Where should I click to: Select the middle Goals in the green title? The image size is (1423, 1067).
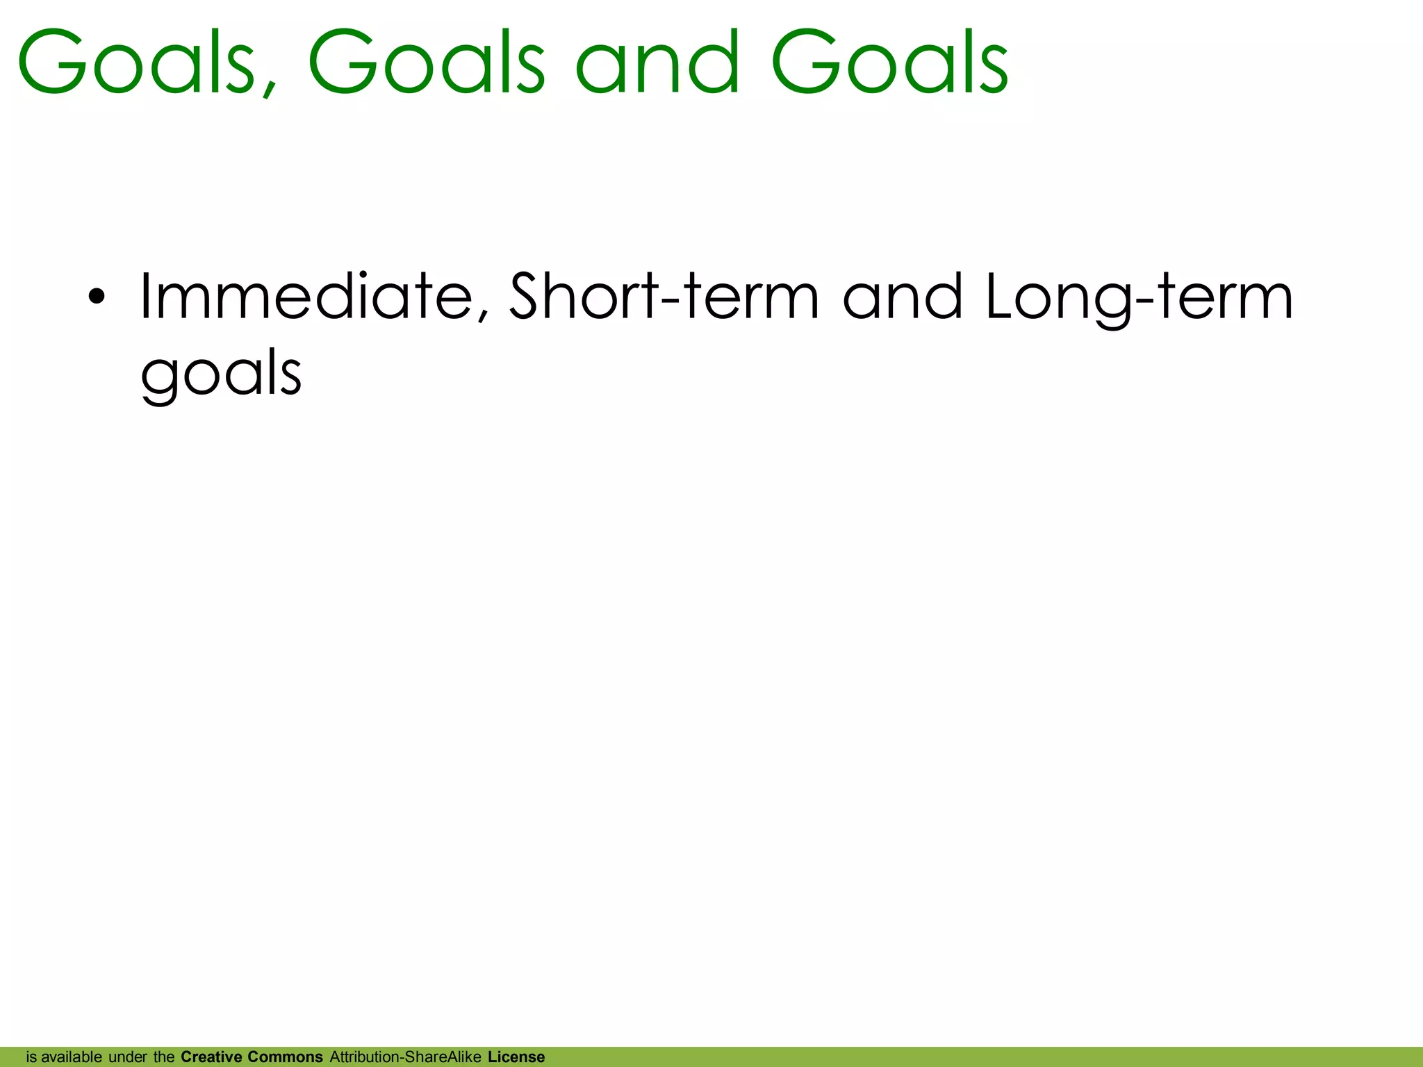(426, 63)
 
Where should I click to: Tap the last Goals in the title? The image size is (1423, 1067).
(889, 63)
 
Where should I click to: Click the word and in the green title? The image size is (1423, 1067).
(657, 63)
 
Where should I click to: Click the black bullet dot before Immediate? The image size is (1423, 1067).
(97, 297)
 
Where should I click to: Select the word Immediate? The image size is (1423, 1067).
(306, 297)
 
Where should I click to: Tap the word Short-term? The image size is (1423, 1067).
(665, 297)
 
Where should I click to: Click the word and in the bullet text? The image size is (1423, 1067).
(903, 297)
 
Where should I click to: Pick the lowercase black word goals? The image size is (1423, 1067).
(221, 375)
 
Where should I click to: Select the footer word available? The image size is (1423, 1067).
(72, 1057)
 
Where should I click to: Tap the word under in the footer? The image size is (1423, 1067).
(128, 1057)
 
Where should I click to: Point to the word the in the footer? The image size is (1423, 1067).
(164, 1057)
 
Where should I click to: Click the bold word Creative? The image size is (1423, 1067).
(211, 1057)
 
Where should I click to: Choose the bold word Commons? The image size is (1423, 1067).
(285, 1057)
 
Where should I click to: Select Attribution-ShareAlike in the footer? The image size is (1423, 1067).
(405, 1057)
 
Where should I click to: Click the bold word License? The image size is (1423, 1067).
(516, 1057)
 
